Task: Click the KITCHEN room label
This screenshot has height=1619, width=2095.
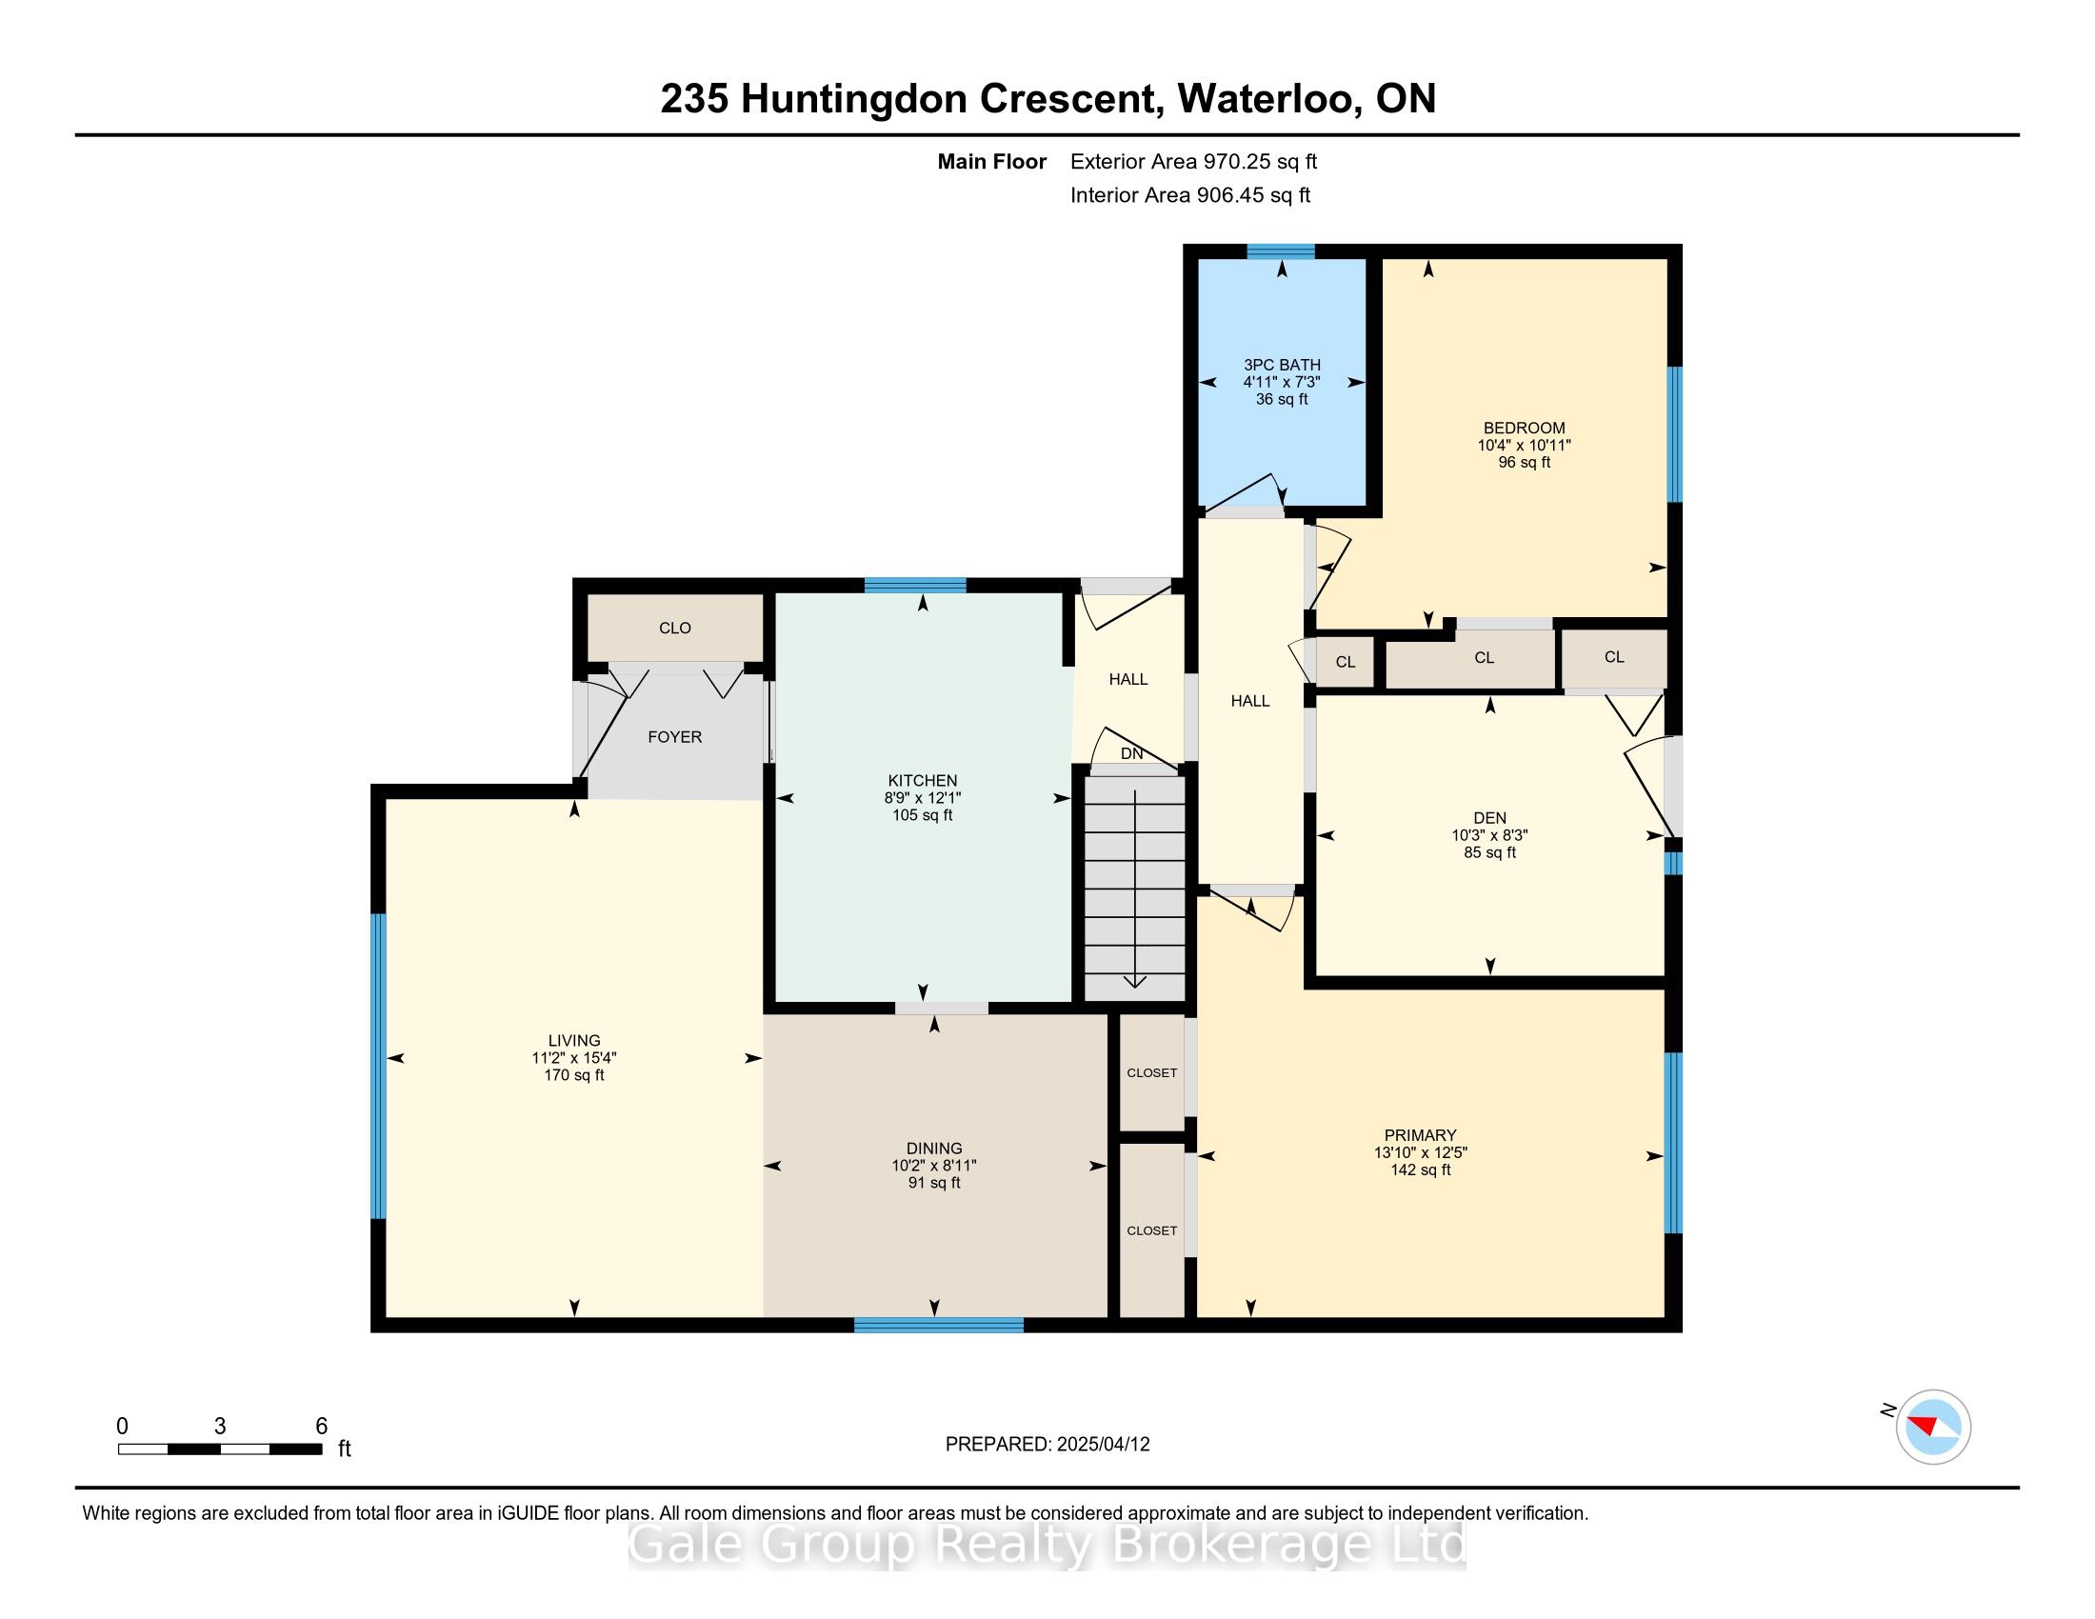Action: pos(922,781)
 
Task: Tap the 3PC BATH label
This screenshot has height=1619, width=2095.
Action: pos(1282,365)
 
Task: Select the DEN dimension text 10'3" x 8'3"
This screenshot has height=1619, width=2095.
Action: pos(1488,835)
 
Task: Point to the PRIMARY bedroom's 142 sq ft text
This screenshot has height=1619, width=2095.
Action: pos(1420,1169)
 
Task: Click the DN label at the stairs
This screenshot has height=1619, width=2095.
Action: pos(1132,754)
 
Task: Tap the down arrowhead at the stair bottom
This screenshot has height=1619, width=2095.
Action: pos(1135,981)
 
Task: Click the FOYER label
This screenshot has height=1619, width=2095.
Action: pos(674,736)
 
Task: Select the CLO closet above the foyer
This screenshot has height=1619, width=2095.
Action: pos(674,628)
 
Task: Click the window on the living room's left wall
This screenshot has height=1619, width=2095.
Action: pos(379,1066)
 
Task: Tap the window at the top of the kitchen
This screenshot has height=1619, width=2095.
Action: pos(914,585)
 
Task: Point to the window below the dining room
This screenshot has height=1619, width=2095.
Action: pos(938,1325)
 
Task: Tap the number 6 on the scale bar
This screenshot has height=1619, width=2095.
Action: pos(321,1427)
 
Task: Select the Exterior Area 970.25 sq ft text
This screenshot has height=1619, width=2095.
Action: pos(1193,161)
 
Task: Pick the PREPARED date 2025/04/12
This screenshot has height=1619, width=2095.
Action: pos(1102,1445)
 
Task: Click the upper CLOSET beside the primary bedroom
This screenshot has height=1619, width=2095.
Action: pos(1151,1072)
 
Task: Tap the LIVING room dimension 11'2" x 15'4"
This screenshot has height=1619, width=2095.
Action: pos(573,1058)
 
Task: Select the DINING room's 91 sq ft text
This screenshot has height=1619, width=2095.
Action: pos(933,1183)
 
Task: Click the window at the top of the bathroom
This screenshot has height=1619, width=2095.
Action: pos(1280,251)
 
